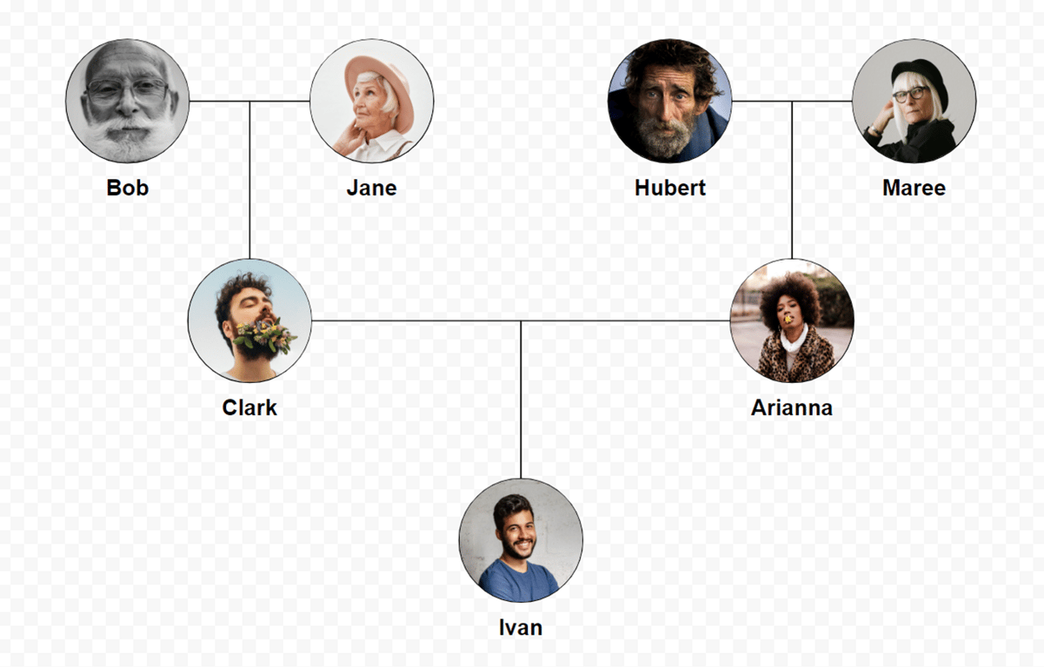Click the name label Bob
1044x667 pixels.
[x=128, y=188]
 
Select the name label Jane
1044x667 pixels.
[x=371, y=188]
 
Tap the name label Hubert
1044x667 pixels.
[x=669, y=188]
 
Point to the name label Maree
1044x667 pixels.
[x=914, y=188]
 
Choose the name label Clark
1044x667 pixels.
[x=249, y=407]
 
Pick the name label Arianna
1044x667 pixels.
[x=791, y=407]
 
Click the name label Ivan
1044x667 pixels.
[x=521, y=627]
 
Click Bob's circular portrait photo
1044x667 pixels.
[x=128, y=101]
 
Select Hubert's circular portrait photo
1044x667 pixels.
[x=669, y=101]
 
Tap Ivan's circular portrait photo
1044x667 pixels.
[x=521, y=540]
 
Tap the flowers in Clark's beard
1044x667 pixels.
[x=263, y=335]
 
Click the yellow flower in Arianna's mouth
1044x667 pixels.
[x=788, y=320]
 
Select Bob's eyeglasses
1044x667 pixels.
[x=127, y=89]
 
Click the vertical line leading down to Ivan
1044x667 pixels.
[x=521, y=400]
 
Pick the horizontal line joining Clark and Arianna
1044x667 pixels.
[x=417, y=320]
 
